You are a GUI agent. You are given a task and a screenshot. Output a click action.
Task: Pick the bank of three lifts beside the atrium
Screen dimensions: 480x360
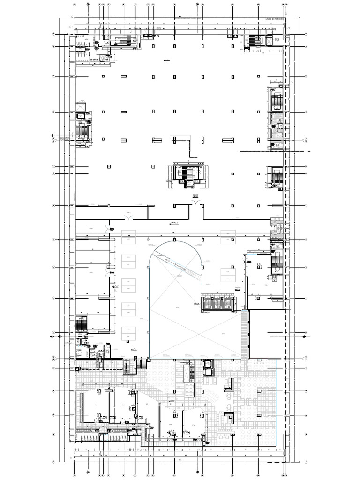point(218,303)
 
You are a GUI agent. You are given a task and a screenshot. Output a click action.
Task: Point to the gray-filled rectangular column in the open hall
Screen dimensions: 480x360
point(123,140)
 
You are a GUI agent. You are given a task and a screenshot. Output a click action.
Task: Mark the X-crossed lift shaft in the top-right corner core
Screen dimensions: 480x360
point(269,41)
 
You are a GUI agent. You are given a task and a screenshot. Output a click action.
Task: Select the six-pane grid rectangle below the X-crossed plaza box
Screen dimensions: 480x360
point(190,390)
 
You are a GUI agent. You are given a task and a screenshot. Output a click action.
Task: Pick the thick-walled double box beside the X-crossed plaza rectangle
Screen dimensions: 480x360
point(207,368)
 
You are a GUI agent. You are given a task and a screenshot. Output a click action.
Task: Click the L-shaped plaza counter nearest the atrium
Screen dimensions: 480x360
point(229,385)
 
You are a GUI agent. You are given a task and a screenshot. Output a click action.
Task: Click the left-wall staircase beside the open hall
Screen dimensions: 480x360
point(83,131)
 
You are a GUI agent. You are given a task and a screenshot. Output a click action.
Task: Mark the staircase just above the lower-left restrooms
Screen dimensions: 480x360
point(82,323)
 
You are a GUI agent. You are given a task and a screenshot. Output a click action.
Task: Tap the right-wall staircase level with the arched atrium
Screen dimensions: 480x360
point(275,264)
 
